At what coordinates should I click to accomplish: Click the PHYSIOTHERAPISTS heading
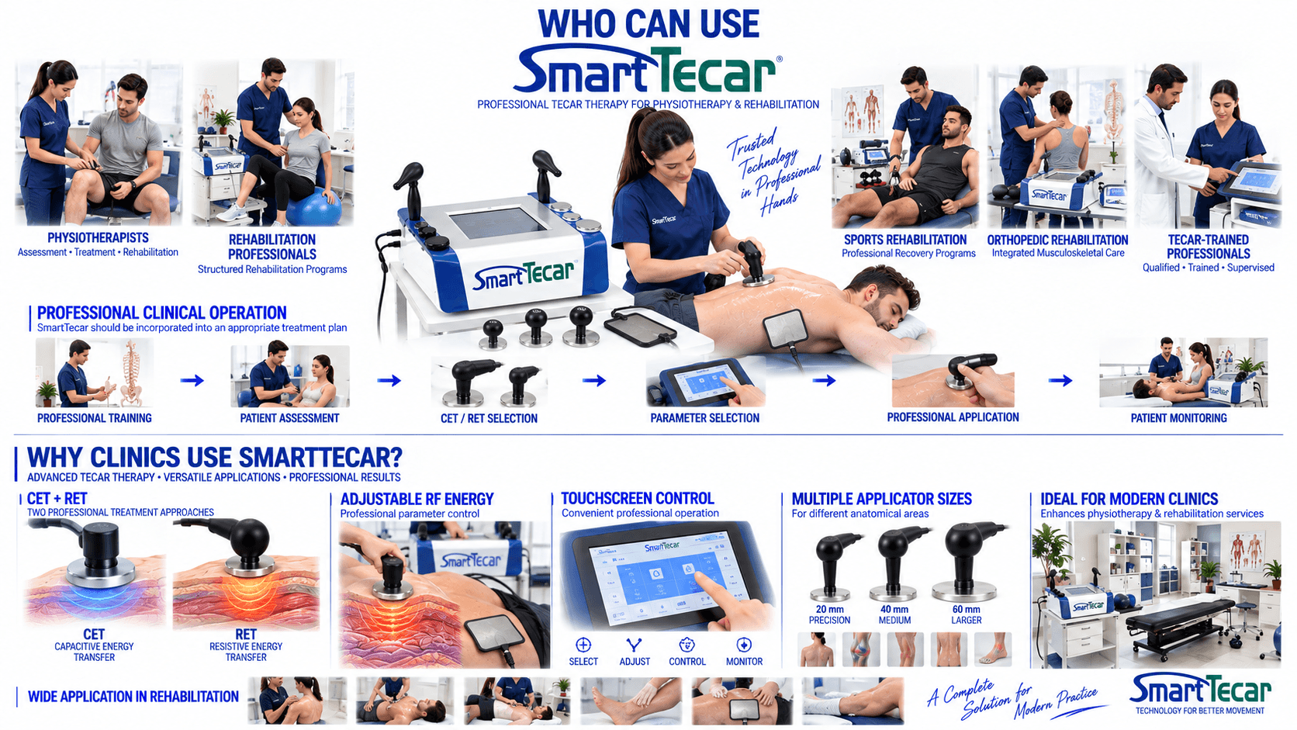[x=98, y=237]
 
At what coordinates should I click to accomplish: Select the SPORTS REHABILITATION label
[x=905, y=240]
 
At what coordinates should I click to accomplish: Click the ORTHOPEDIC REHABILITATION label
[x=1057, y=240]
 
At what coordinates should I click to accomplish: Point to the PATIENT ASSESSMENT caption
[x=289, y=418]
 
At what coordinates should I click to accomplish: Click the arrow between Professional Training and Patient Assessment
[x=192, y=380]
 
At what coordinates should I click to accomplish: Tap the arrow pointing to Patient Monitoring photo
[x=1060, y=380]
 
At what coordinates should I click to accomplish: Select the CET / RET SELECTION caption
[x=489, y=419]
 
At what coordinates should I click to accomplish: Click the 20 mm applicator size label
[x=829, y=609]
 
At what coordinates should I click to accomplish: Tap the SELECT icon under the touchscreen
[x=583, y=645]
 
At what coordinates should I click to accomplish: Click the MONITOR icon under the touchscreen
[x=744, y=645]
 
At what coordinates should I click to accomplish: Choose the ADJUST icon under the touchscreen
[x=634, y=645]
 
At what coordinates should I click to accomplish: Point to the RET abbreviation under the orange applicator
[x=245, y=635]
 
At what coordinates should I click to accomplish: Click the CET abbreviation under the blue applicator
[x=94, y=635]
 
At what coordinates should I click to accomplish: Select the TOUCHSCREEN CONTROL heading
[x=638, y=499]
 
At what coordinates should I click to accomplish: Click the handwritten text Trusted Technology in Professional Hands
[x=773, y=172]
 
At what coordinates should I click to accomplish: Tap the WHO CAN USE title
[x=648, y=24]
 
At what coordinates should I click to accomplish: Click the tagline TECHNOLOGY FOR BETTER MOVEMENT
[x=1200, y=711]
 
